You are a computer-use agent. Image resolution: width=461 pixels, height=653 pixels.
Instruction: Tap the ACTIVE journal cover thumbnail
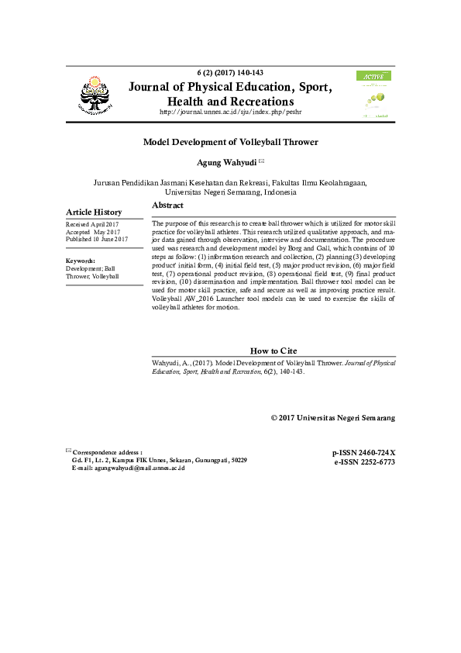click(373, 95)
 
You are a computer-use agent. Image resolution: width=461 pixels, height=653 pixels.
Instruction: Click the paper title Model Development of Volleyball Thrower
click(230, 142)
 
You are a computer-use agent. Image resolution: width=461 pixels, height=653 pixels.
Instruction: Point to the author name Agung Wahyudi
click(228, 163)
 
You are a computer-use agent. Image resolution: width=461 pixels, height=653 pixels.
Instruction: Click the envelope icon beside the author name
click(261, 161)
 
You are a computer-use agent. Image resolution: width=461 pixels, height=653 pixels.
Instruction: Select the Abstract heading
click(167, 206)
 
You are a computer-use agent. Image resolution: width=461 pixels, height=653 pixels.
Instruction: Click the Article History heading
click(94, 212)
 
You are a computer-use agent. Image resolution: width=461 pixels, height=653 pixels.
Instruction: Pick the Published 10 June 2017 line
click(97, 240)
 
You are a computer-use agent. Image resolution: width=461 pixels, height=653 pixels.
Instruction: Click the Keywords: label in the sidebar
click(81, 261)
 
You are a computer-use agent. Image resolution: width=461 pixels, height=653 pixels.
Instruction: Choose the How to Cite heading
click(274, 351)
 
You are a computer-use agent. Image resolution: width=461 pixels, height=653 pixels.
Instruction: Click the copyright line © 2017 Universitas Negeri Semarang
click(332, 417)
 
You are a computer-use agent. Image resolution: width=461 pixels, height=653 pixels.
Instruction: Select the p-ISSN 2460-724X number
click(363, 453)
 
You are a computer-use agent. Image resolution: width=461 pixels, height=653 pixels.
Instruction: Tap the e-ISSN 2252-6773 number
click(364, 461)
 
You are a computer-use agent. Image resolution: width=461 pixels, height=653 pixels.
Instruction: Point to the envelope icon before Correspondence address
click(68, 451)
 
